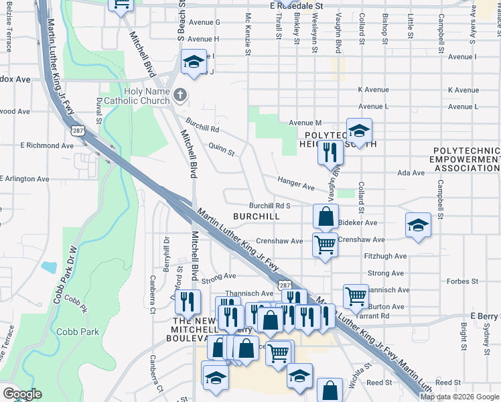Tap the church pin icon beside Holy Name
tap(179, 96)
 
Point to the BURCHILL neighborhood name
tap(256, 216)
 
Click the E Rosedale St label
tap(297, 5)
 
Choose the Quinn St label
tap(222, 152)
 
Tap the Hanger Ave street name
tap(296, 186)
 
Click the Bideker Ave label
tap(358, 222)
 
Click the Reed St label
tap(378, 382)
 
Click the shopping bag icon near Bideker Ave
tap(326, 216)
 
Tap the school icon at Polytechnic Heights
tap(359, 129)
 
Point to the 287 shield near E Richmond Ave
tap(78, 129)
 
